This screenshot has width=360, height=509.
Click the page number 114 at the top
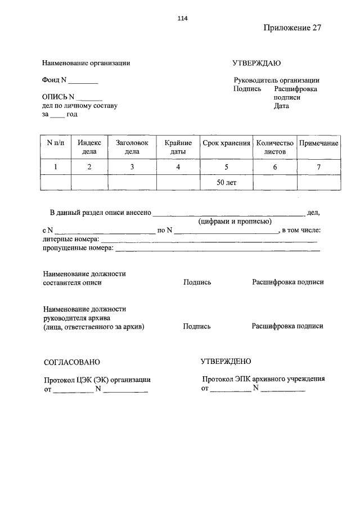click(x=182, y=18)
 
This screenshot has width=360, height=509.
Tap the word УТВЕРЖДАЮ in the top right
click(x=256, y=63)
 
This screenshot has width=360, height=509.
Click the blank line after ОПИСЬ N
click(x=92, y=98)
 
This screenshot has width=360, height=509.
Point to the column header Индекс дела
click(x=89, y=147)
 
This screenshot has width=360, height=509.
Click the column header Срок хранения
click(x=226, y=143)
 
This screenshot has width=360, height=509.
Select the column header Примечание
click(x=318, y=143)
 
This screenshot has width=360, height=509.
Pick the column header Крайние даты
click(x=178, y=147)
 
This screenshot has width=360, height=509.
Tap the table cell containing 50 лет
click(x=226, y=183)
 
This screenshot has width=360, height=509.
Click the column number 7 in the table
click(x=318, y=167)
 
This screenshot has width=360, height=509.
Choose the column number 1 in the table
click(x=56, y=167)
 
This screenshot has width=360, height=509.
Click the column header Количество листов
click(x=275, y=147)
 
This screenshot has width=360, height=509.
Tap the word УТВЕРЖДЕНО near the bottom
click(x=226, y=361)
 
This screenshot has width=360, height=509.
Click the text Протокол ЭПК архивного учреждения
click(x=263, y=379)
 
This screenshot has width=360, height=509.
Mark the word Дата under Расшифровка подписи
click(x=281, y=106)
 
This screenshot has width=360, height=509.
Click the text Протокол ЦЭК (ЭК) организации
click(x=97, y=380)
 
